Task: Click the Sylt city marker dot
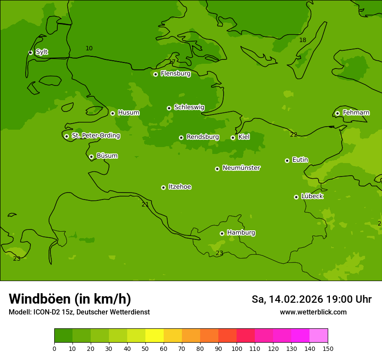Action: tap(30, 52)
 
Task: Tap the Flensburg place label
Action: tap(175, 74)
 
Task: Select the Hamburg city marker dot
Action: tap(222, 233)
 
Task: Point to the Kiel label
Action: tap(244, 137)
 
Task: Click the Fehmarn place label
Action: tap(356, 113)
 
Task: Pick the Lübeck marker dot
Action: tap(296, 197)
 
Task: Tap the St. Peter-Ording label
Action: tap(95, 136)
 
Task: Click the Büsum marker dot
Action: tap(91, 157)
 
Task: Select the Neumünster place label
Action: tap(241, 168)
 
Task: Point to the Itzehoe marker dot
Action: tap(163, 187)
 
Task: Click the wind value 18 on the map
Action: tap(303, 40)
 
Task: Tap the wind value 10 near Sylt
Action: tap(89, 48)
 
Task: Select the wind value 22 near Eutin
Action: tap(293, 134)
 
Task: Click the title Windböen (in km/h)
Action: tap(70, 299)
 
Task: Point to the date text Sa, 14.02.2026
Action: tap(287, 299)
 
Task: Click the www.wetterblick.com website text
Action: tap(313, 312)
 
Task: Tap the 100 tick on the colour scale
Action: tap(237, 348)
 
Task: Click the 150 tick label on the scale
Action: tap(328, 348)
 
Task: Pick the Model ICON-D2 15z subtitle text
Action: tap(79, 312)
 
